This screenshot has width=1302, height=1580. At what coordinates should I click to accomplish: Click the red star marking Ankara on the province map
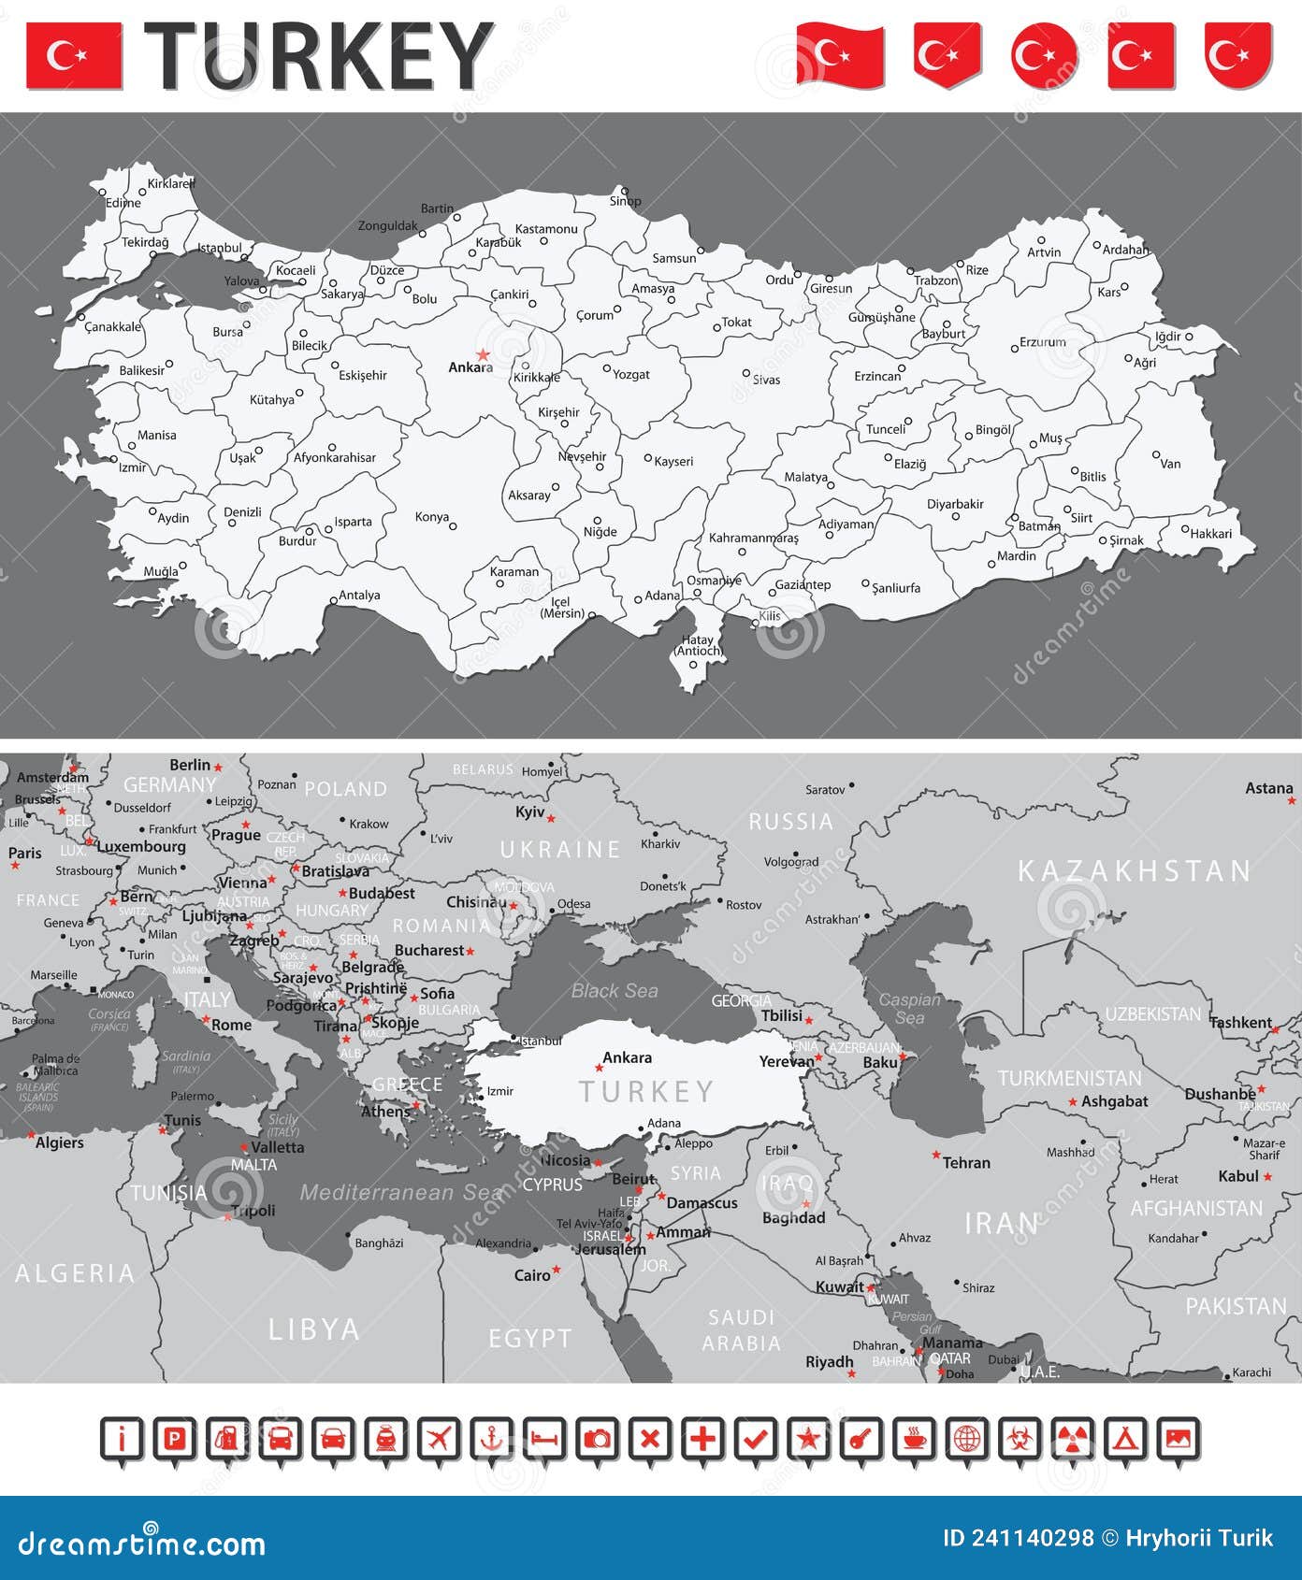(x=483, y=355)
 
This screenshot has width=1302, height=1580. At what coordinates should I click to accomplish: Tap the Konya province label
(x=432, y=517)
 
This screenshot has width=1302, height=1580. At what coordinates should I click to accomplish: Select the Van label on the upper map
(x=1170, y=464)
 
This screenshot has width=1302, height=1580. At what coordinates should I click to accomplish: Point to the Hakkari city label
(x=1211, y=534)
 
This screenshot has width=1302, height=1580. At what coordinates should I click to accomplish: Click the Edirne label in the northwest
(x=123, y=203)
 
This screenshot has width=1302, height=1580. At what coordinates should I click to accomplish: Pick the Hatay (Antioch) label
(x=699, y=645)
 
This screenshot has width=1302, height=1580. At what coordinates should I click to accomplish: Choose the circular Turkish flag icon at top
(x=1043, y=55)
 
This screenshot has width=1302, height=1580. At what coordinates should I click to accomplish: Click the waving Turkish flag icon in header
(x=840, y=55)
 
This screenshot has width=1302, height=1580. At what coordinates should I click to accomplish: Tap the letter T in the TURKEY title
(x=178, y=56)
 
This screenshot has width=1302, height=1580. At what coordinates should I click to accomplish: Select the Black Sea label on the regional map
(x=615, y=991)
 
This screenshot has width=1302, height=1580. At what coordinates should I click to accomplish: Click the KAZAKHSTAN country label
(x=1134, y=871)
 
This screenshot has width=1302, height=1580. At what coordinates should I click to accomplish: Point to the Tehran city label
(x=966, y=1163)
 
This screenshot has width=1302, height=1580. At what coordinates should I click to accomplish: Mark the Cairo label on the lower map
(x=532, y=1275)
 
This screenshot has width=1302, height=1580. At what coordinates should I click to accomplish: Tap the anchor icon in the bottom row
(x=491, y=1439)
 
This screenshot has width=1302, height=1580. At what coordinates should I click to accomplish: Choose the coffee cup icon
(x=913, y=1439)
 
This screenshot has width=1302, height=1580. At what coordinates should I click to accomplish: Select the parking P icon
(x=174, y=1439)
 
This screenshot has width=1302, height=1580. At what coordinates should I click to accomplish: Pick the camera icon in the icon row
(x=597, y=1439)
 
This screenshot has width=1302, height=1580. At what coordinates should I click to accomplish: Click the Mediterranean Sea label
(x=401, y=1192)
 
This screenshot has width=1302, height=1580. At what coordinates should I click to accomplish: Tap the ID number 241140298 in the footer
(x=1018, y=1538)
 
